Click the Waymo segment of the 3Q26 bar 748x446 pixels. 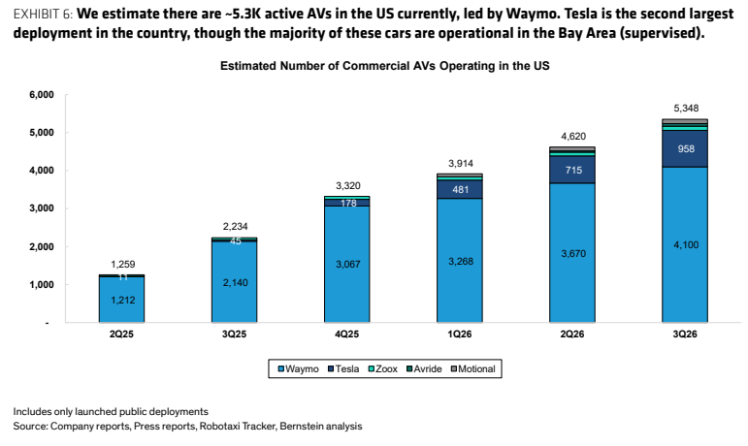[x=685, y=244]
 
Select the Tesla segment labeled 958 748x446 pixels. [x=685, y=148]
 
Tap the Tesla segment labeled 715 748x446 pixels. [x=572, y=170]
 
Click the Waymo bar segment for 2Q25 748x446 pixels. [x=121, y=300]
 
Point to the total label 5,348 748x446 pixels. [x=686, y=109]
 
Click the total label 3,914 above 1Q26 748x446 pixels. [x=461, y=164]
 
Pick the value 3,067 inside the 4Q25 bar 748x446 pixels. [x=348, y=264]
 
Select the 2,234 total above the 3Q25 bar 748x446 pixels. [x=235, y=226]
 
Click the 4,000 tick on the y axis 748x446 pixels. [x=42, y=170]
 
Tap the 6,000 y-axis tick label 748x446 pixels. [x=42, y=94]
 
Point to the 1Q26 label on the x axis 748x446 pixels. [x=460, y=334]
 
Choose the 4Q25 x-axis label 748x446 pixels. [x=346, y=334]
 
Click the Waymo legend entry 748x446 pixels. [x=298, y=368]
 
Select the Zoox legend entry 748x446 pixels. [x=382, y=368]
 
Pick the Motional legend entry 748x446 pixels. [x=473, y=368]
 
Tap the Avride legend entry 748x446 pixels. [x=424, y=368]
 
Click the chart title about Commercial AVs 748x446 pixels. [x=384, y=66]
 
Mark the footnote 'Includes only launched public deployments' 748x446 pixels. [x=111, y=412]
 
